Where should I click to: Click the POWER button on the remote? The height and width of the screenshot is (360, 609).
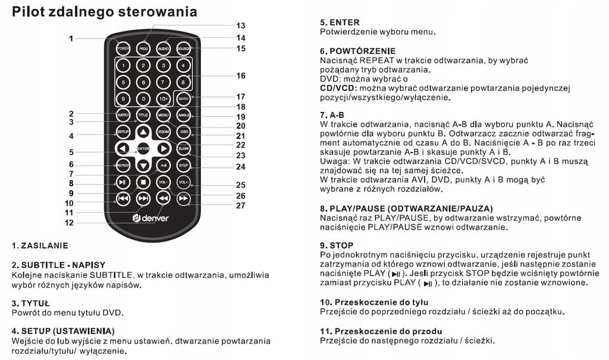[123, 48]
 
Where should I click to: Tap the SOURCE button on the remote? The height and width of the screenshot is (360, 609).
[184, 48]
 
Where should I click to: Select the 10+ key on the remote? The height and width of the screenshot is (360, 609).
[163, 98]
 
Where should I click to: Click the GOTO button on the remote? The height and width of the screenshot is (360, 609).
[184, 98]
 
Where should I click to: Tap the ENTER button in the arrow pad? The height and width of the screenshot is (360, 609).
[143, 148]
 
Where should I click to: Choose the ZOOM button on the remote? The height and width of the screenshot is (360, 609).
[164, 131]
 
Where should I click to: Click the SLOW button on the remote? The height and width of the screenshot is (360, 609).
[184, 148]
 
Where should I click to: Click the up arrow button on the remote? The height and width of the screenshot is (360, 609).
[143, 131]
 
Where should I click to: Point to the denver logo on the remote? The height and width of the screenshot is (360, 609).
[151, 218]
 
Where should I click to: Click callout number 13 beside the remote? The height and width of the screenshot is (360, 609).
[240, 26]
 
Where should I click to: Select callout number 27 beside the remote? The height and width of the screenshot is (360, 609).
[240, 206]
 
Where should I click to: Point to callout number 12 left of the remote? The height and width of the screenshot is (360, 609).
[70, 223]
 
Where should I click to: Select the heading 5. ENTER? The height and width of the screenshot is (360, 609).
[340, 22]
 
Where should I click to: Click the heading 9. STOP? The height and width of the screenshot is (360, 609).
[337, 245]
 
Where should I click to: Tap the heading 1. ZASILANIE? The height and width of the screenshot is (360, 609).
[40, 245]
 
